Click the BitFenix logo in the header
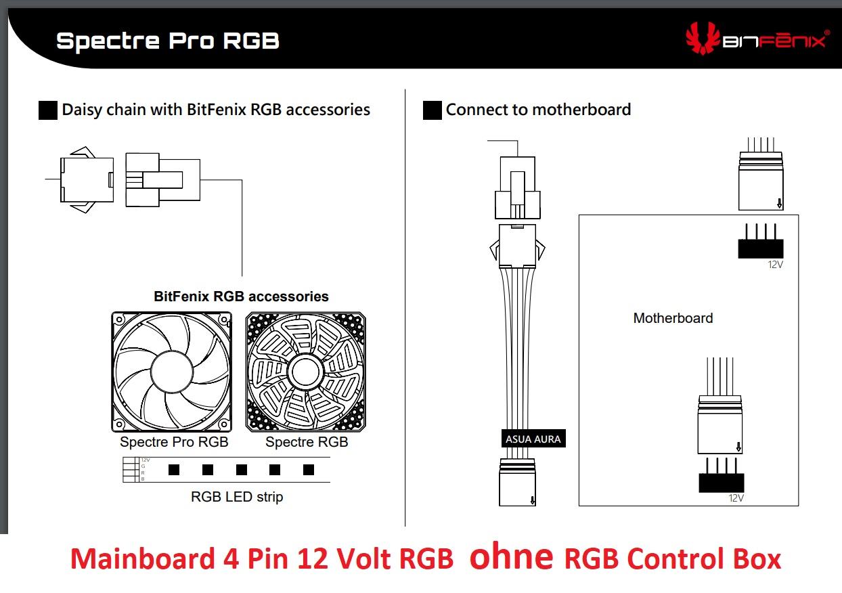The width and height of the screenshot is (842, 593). click(x=755, y=39)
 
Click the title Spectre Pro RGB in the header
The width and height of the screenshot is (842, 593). click(x=167, y=41)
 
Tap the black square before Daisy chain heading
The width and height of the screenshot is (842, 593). click(x=48, y=110)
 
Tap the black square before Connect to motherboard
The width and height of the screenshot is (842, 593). click(x=432, y=110)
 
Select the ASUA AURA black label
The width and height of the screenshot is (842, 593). click(x=533, y=439)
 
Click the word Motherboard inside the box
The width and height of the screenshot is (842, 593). click(x=673, y=318)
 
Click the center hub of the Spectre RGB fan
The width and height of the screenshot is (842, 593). click(x=305, y=372)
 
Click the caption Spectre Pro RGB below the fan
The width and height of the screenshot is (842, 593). click(x=174, y=442)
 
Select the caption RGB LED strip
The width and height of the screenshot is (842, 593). click(x=237, y=497)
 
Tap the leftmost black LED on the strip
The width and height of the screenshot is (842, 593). click(x=173, y=469)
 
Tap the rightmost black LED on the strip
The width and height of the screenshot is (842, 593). click(x=309, y=469)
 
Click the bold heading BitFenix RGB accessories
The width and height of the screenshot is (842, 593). click(x=241, y=296)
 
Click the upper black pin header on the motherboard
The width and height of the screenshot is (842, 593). click(x=760, y=248)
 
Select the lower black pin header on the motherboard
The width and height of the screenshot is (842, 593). click(x=721, y=483)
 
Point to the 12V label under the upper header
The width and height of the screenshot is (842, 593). click(x=775, y=265)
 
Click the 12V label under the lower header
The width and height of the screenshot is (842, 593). click(x=736, y=498)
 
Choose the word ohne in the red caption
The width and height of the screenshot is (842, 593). click(x=511, y=558)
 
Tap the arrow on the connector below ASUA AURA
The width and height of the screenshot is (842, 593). click(x=533, y=500)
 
